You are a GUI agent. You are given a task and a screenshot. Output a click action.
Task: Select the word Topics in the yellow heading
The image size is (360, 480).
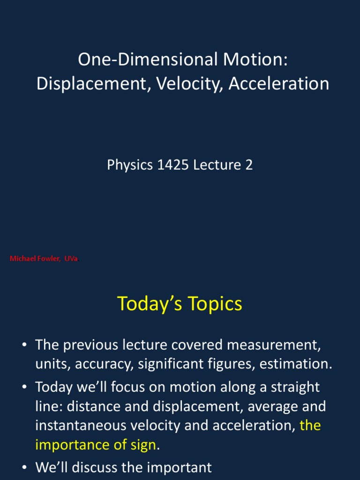tap(215, 304)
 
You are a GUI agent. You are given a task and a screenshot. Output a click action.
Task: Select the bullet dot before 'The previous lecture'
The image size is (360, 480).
tap(24, 345)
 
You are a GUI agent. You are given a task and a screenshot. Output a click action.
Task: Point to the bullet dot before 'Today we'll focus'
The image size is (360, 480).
tap(24, 388)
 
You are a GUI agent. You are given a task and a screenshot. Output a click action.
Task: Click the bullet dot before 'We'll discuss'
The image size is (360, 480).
tap(24, 467)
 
